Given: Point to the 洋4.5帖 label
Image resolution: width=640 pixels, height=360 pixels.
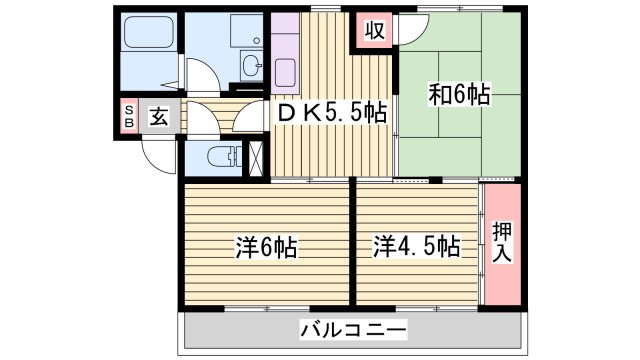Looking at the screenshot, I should coord(418,245).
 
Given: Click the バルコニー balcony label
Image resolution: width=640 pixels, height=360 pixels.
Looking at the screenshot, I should coord(352,329).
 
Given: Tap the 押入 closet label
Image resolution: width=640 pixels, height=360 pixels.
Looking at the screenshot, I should coord(501,244).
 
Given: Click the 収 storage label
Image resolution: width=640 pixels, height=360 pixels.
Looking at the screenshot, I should coord(374,30).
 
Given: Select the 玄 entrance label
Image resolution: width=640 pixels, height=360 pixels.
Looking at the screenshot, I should coord(159,115).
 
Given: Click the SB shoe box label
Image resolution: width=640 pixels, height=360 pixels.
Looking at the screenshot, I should coord(128,115).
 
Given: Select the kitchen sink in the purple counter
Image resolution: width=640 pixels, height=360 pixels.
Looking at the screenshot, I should coord(285,72).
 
